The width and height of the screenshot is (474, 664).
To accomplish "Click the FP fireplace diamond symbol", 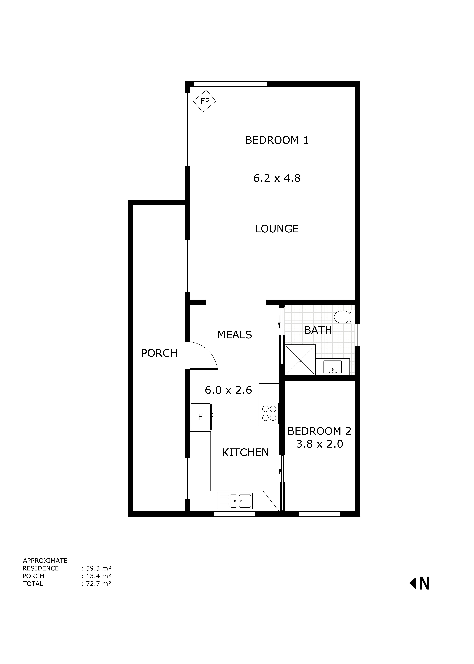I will [x=205, y=101].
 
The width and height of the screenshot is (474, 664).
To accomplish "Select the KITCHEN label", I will [x=245, y=452].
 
